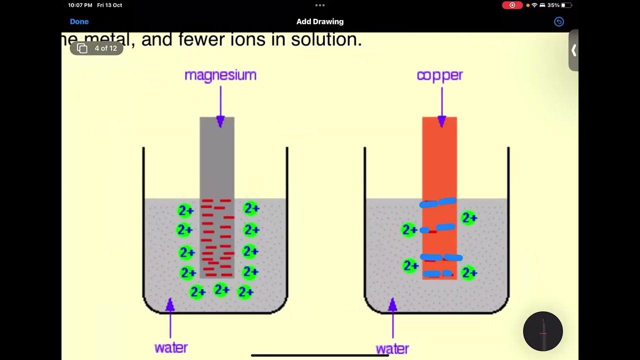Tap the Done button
tap(79, 21)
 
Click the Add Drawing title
tap(319, 21)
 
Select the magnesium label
tap(220, 75)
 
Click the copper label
tap(439, 75)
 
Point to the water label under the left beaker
tap(171, 347)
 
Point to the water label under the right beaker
tap(392, 348)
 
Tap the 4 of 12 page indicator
tap(97, 48)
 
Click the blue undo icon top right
tap(559, 21)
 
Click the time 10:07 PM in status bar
tap(80, 5)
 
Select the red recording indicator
tap(512, 5)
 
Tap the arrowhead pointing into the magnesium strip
tap(220, 121)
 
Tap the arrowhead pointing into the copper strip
tap(441, 121)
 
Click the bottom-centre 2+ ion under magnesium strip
tap(221, 289)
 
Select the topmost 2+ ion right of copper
tap(468, 218)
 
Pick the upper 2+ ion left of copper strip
tap(409, 229)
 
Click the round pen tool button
tap(542, 331)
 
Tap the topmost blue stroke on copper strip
tap(438, 202)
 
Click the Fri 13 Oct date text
tap(109, 5)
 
